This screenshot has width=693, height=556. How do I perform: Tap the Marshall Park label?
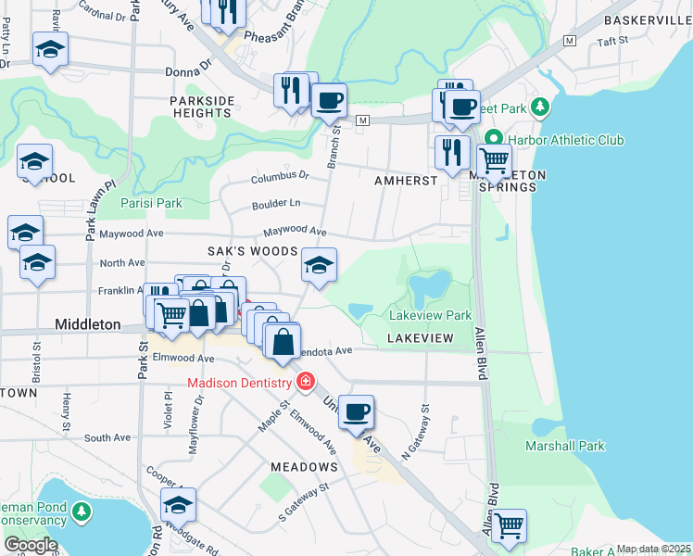coord(565,446)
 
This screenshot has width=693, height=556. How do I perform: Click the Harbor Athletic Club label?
coord(566,140)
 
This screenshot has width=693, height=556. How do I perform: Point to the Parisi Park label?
coord(151,203)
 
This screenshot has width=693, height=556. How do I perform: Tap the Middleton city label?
coord(88,324)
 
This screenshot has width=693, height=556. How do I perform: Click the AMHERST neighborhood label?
coord(405,181)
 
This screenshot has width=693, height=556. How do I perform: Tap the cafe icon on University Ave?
coord(356,412)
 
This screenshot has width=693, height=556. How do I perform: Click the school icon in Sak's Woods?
coord(319,265)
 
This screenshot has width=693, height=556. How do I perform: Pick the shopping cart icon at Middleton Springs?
coord(494,160)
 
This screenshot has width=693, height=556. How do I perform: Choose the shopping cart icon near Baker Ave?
coord(508,526)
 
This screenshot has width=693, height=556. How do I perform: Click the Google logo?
coord(31,545)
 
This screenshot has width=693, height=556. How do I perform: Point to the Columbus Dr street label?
coord(279,175)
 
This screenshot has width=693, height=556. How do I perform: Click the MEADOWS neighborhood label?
coord(304,466)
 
